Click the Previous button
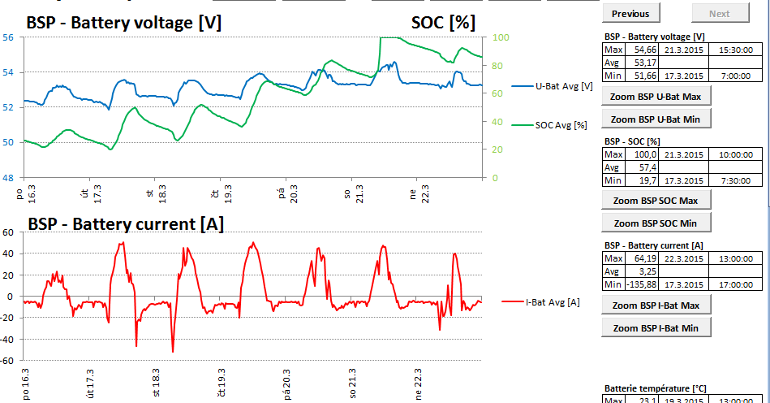[630, 13]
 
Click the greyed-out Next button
[719, 13]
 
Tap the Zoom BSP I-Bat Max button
[656, 305]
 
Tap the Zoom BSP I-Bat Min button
[656, 327]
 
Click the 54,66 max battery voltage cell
[645, 50]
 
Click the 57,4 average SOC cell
[645, 167]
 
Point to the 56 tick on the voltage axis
[7, 37]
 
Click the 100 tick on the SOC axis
[501, 37]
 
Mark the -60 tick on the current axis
[7, 360]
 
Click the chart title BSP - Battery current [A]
[126, 223]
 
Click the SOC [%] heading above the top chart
[443, 22]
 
